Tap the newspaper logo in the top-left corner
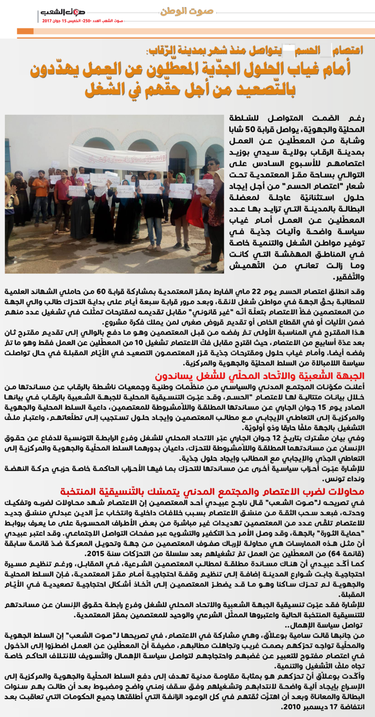click(63, 13)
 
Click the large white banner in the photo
click(117, 158)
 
